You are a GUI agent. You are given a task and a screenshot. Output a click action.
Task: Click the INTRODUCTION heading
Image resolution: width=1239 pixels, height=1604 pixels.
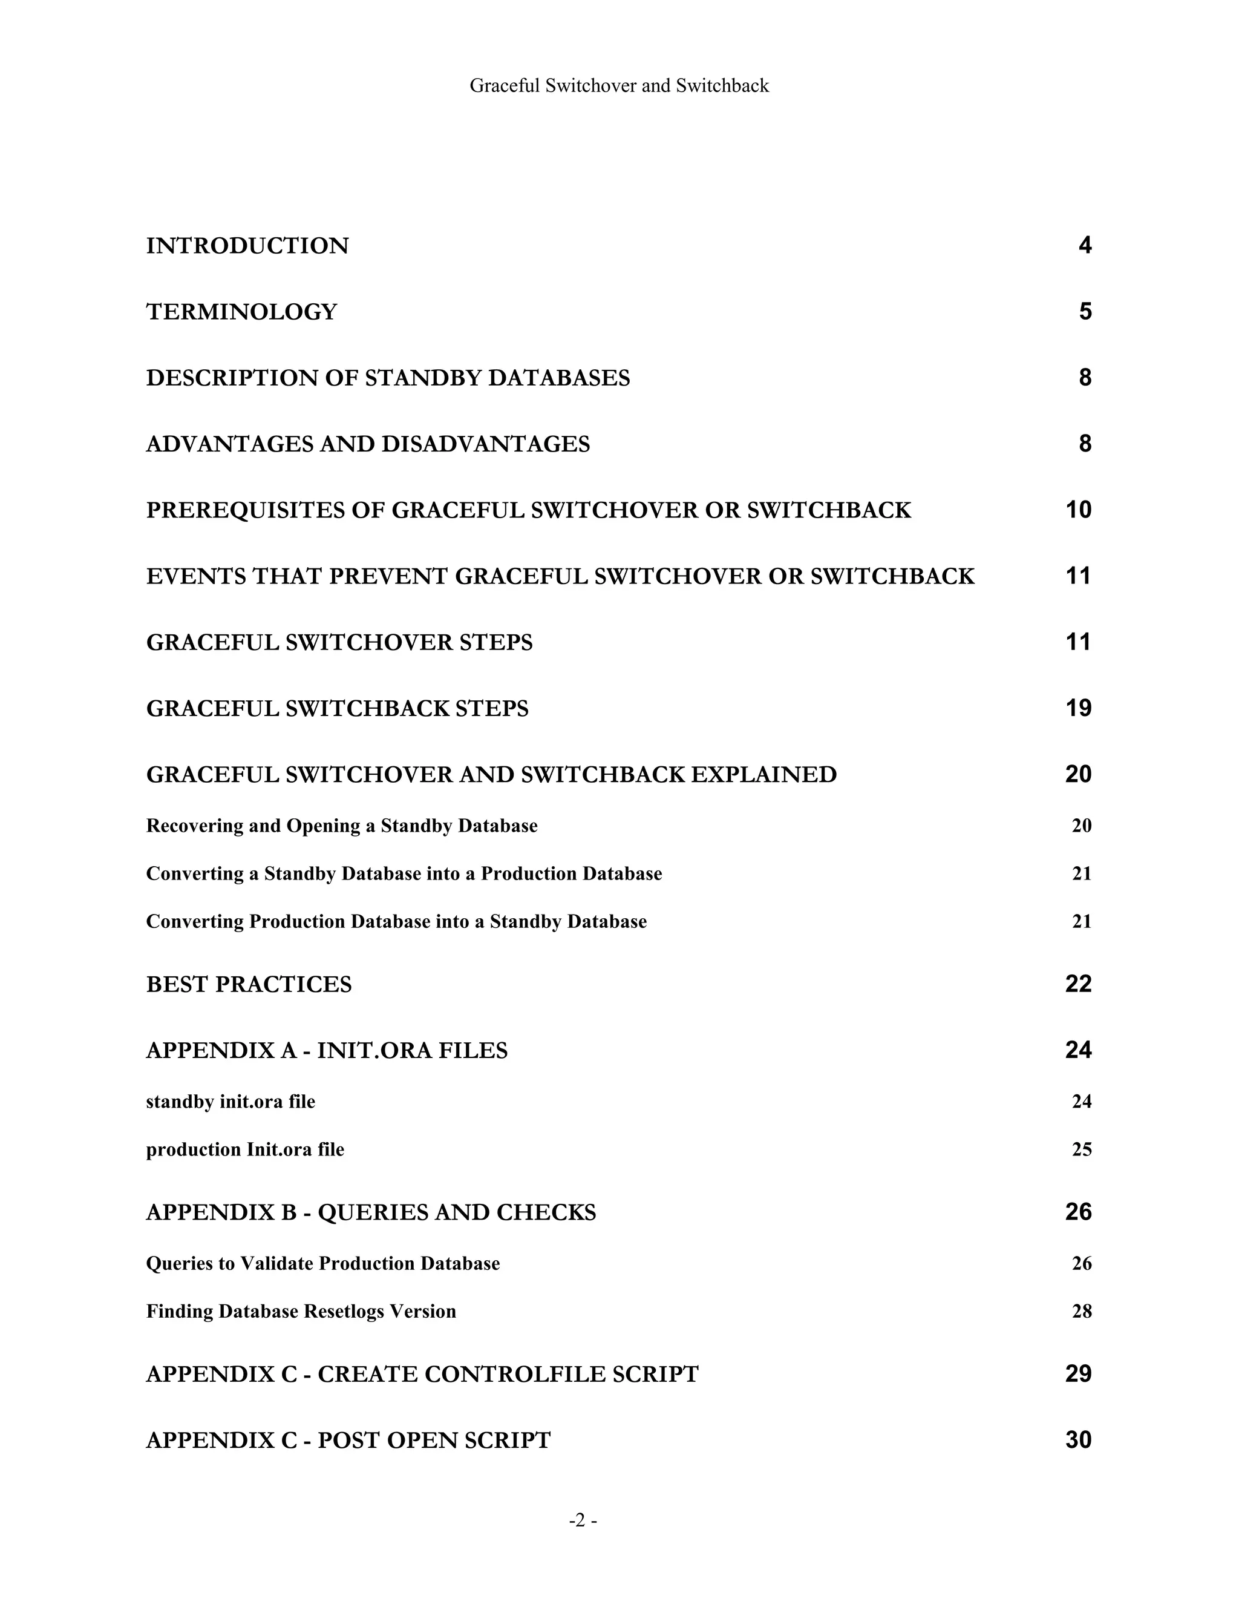tap(247, 245)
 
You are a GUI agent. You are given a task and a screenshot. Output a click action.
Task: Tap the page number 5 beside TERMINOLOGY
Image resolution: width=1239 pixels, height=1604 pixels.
tap(1085, 311)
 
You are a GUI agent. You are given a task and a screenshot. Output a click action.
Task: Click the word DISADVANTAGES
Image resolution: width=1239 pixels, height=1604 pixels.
tap(485, 444)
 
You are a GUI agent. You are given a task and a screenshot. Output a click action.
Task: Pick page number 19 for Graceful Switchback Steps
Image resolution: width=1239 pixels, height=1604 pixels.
tap(1077, 708)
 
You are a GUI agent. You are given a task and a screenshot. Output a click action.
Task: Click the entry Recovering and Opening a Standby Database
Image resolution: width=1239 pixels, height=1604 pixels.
tap(341, 826)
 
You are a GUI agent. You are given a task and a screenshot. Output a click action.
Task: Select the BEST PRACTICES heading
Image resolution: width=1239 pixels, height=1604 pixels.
tap(249, 984)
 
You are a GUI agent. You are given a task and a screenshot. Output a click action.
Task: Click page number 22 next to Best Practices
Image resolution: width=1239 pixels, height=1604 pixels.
tap(1077, 984)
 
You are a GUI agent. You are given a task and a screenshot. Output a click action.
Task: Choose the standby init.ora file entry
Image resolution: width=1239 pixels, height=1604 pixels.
tap(230, 1102)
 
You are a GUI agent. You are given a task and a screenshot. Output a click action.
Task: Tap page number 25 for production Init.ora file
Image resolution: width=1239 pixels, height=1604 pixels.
tap(1081, 1149)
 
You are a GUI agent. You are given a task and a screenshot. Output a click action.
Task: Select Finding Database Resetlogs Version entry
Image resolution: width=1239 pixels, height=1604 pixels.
tap(301, 1311)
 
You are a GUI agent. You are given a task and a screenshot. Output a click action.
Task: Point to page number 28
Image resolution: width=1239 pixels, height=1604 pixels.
tap(1081, 1311)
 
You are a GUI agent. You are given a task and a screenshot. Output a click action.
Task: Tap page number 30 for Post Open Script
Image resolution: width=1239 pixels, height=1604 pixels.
tap(1077, 1439)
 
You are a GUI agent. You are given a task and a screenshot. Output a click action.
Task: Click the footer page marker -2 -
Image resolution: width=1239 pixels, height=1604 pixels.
tap(583, 1520)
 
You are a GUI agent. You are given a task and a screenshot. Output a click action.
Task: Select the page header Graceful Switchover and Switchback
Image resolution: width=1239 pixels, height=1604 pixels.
tap(619, 86)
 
